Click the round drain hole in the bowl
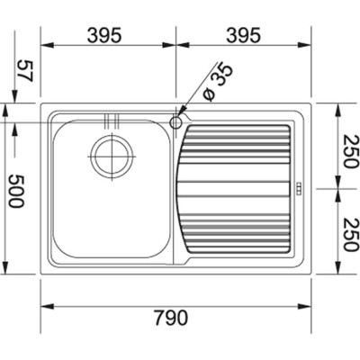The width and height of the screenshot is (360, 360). tap(112, 156)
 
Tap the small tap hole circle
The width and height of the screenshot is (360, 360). tap(176, 119)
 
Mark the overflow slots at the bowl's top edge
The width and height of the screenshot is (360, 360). tap(112, 120)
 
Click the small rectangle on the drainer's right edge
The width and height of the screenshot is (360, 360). tap(300, 189)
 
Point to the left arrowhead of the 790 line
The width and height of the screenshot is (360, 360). tap(45, 300)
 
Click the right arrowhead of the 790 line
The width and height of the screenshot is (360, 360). tap(307, 300)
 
